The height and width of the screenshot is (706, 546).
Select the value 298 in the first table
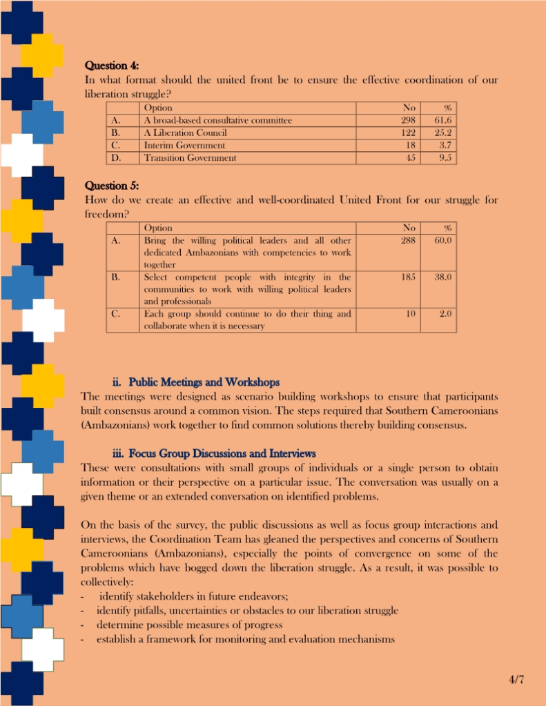point(409,120)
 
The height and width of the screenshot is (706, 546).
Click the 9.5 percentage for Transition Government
point(445,157)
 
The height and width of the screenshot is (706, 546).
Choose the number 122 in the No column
point(409,133)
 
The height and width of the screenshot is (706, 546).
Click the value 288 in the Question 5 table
point(409,240)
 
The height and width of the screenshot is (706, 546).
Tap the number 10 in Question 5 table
point(411,313)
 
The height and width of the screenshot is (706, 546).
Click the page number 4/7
point(516,680)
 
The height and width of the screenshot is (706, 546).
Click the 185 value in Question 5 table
point(409,277)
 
